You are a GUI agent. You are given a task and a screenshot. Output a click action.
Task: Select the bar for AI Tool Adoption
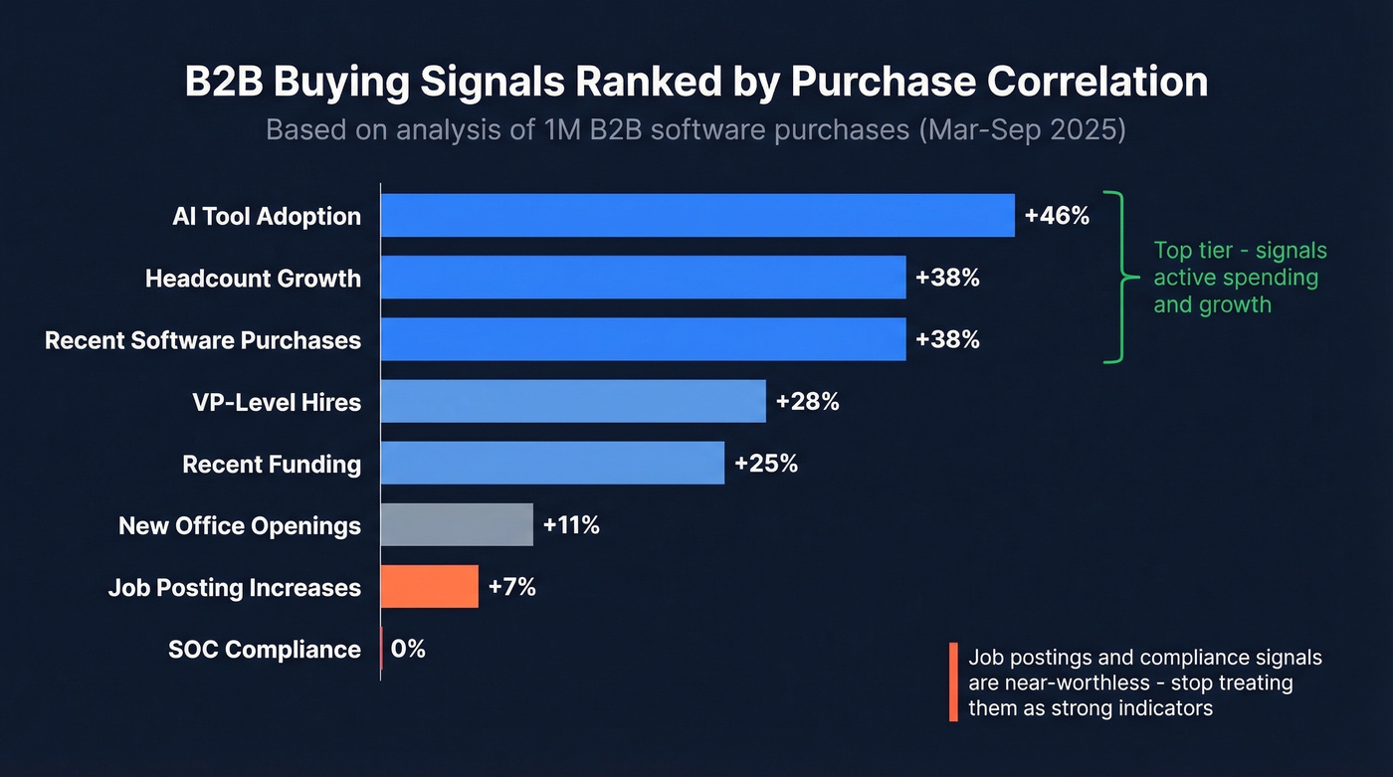tap(696, 216)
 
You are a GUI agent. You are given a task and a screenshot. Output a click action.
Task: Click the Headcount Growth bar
tap(643, 278)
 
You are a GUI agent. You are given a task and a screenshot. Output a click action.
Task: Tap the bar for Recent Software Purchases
tap(643, 339)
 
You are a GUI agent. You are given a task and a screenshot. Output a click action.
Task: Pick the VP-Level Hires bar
tap(573, 401)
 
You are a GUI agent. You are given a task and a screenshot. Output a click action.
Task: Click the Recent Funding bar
tap(552, 464)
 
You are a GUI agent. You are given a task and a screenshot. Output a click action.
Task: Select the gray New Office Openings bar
tap(457, 525)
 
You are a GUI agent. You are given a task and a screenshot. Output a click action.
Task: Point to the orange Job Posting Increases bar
tap(430, 587)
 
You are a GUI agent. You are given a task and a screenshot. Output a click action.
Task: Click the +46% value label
tap(1057, 216)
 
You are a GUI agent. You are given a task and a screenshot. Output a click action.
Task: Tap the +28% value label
tap(807, 402)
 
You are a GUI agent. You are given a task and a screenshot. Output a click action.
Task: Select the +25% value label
tap(765, 464)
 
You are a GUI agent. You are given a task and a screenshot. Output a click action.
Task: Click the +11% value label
tap(571, 525)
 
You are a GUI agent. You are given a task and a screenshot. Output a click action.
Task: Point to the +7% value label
tap(511, 587)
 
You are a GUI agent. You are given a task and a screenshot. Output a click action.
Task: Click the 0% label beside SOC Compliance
tap(408, 649)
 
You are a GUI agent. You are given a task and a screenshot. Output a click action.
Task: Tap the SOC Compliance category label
tap(265, 650)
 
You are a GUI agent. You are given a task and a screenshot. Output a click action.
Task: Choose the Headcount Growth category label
tap(253, 278)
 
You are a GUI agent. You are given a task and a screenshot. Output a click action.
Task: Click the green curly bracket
tap(1122, 278)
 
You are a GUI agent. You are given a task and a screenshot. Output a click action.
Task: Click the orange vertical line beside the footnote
tap(953, 681)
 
